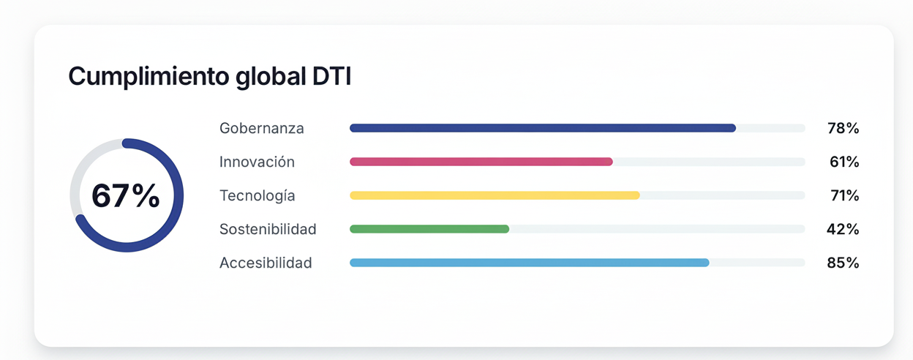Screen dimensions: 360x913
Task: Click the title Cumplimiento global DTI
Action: pyautogui.click(x=210, y=77)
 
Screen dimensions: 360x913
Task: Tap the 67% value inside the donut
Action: pyautogui.click(x=126, y=195)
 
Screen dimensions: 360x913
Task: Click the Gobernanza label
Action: pyautogui.click(x=261, y=128)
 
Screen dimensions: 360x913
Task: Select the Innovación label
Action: pyautogui.click(x=257, y=162)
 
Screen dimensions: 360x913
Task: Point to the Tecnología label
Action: pyautogui.click(x=257, y=195)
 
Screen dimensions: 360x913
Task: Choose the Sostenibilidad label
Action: pyautogui.click(x=268, y=229)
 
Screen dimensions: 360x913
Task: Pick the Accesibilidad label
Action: pyautogui.click(x=266, y=263)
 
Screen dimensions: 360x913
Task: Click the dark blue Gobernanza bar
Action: pyautogui.click(x=542, y=128)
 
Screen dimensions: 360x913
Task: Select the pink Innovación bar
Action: pyautogui.click(x=481, y=162)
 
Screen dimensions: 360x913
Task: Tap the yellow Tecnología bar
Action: pyautogui.click(x=495, y=195)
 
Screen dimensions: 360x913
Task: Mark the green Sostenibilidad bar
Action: pyautogui.click(x=429, y=229)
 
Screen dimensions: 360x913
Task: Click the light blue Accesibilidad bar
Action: pyautogui.click(x=529, y=263)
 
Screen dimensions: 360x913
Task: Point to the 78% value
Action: pyautogui.click(x=843, y=128)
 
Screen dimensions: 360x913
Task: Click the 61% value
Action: pyautogui.click(x=844, y=162)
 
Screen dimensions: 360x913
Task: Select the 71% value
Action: pyautogui.click(x=844, y=195)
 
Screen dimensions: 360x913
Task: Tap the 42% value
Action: pyautogui.click(x=843, y=229)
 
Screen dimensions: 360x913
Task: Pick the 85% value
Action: pyautogui.click(x=843, y=263)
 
